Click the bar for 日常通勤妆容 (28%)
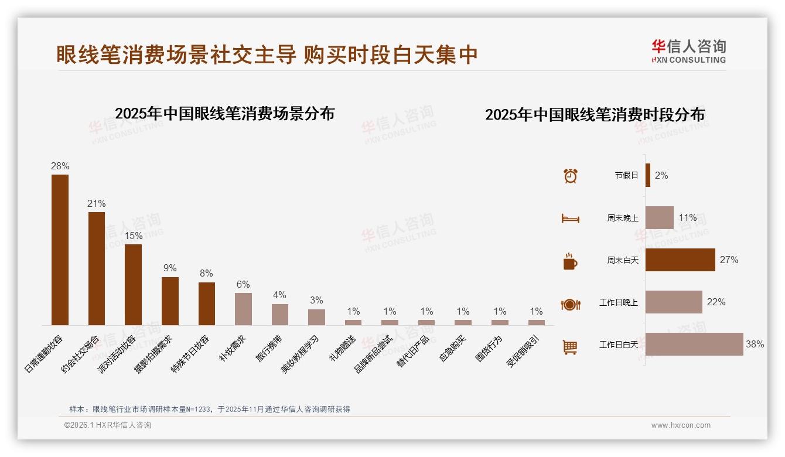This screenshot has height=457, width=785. coord(60,250)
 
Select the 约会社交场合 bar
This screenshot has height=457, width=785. coord(97,268)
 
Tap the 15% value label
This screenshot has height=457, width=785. coord(133,236)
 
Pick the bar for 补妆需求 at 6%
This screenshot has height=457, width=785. coord(243,309)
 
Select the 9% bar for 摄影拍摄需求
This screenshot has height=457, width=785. coord(170,301)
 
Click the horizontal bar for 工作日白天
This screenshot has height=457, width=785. coord(694,345)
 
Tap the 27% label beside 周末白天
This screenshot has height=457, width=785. coord(729,260)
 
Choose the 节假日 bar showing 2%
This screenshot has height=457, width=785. coord(648,175)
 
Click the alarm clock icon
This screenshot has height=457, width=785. coord(570,176)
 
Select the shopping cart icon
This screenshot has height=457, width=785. coord(570,347)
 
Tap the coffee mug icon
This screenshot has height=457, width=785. coord(570,261)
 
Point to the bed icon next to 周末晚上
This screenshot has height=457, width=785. coord(570,219)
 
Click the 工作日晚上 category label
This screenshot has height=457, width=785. coord(618,302)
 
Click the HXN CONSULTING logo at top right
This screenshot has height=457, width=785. coord(689,51)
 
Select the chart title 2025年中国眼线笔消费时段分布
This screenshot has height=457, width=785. coord(595,114)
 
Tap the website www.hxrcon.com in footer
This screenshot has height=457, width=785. coord(681,425)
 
